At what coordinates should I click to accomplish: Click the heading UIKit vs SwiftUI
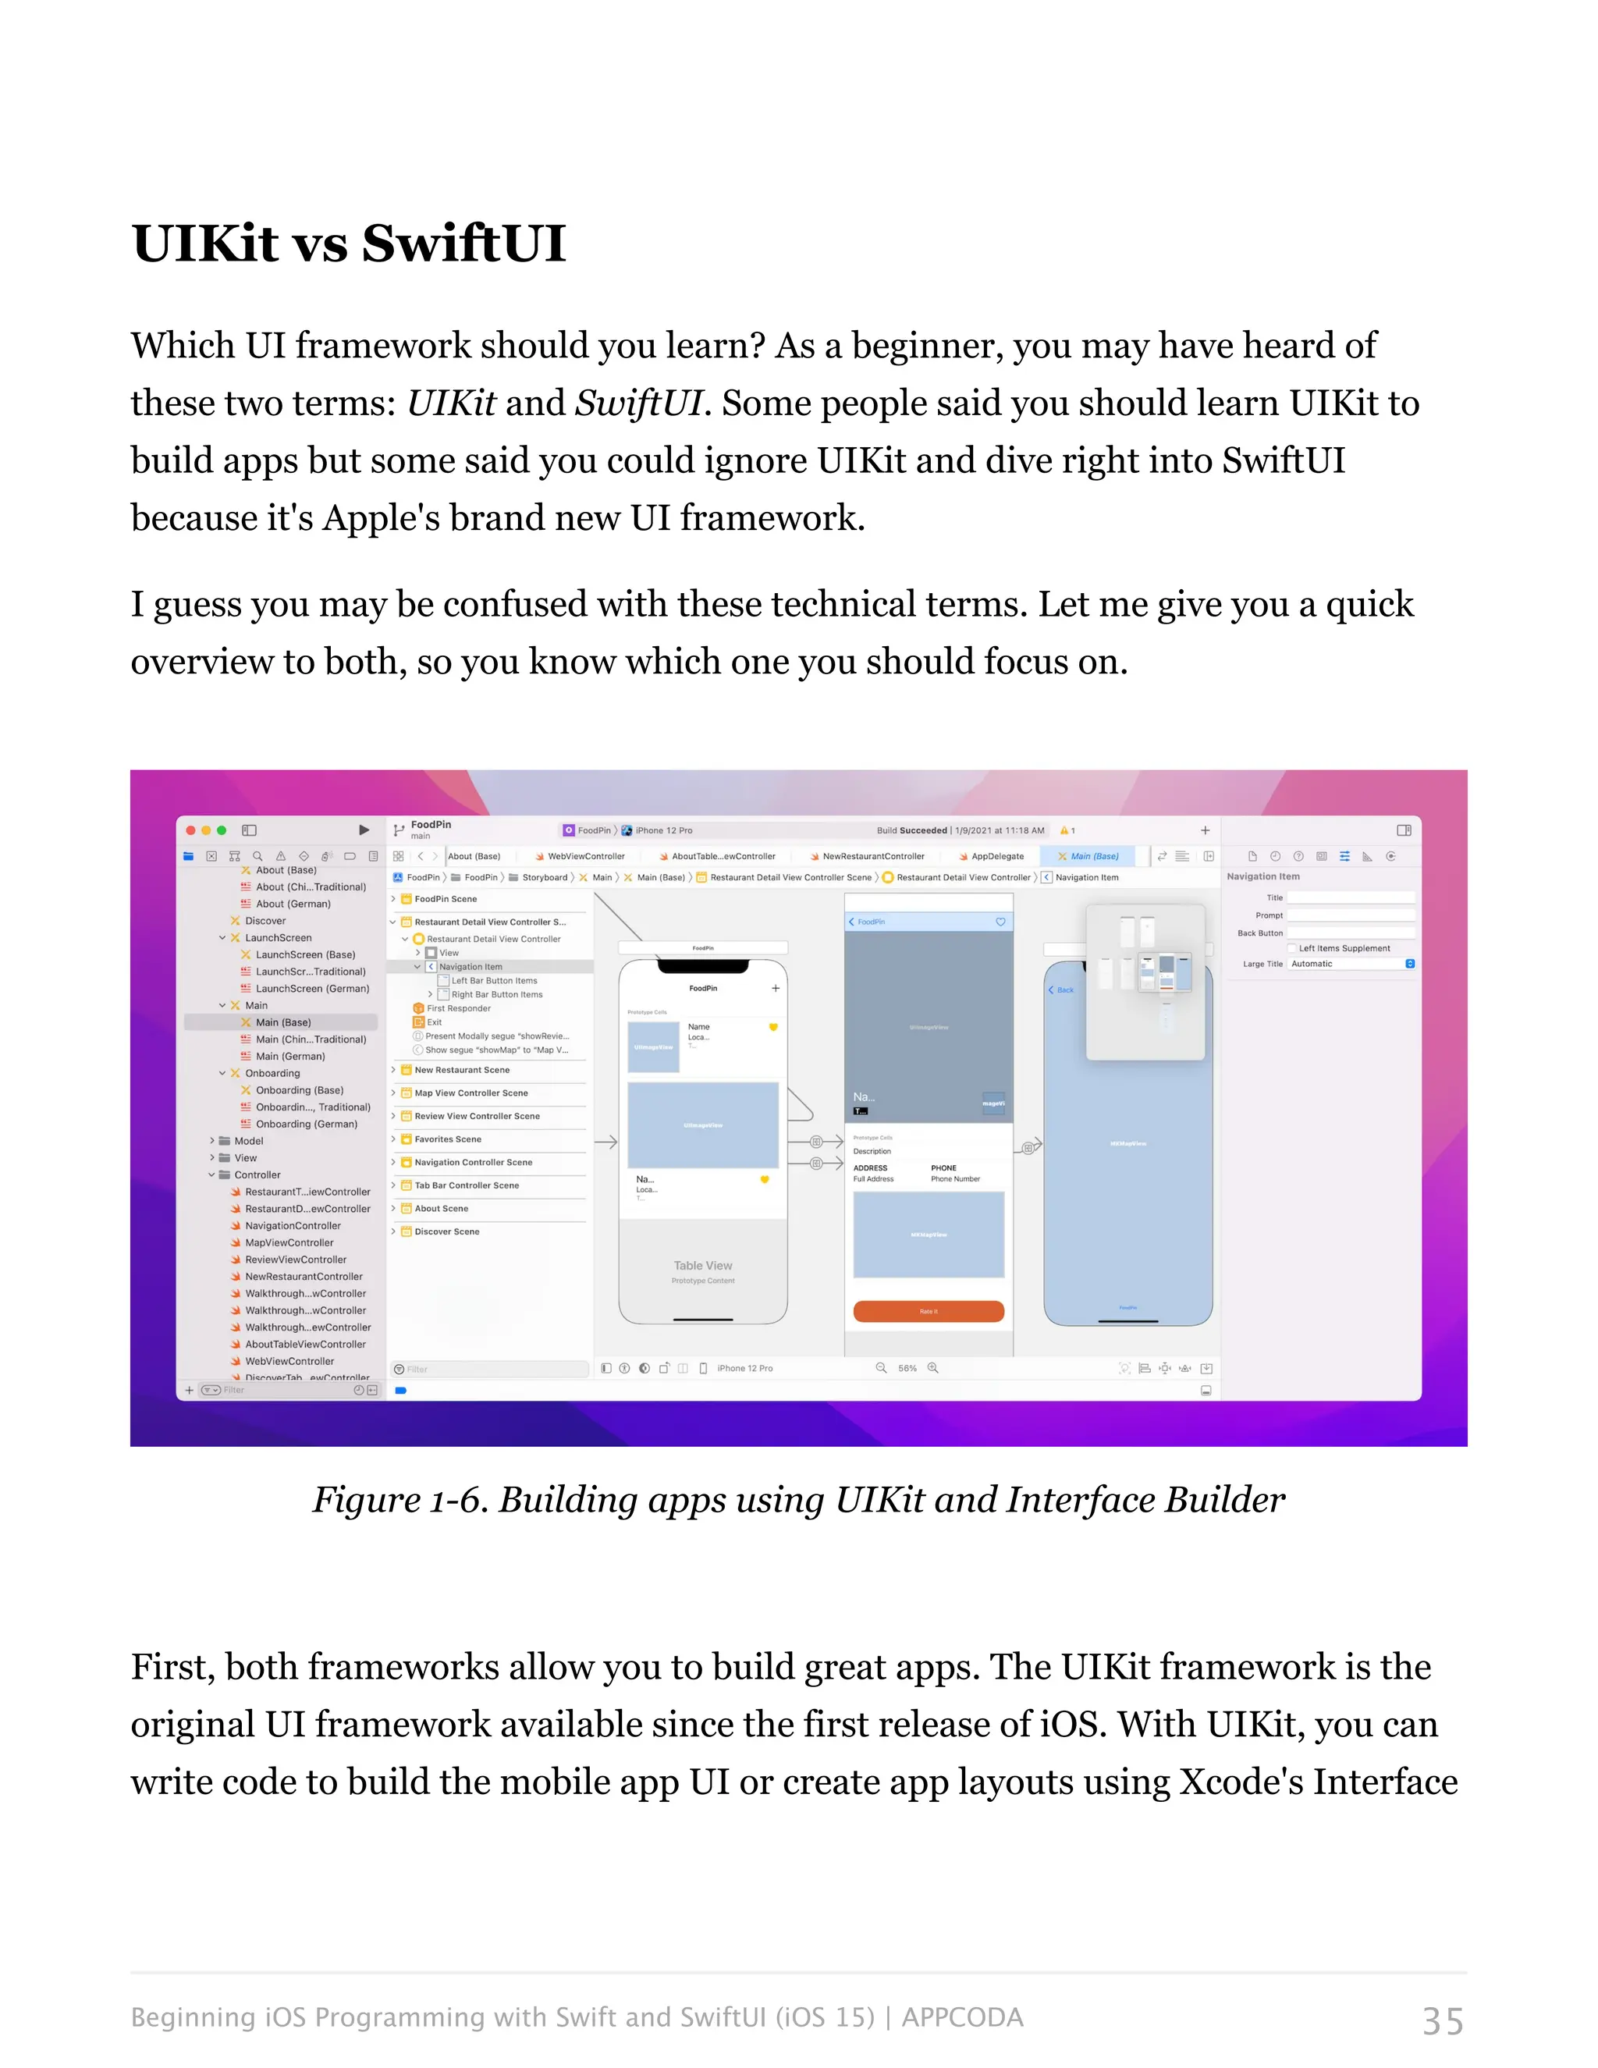tap(348, 243)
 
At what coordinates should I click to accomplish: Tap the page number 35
tap(1442, 2020)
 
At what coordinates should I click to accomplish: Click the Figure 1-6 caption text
tap(798, 1500)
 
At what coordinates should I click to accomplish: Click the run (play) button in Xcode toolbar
tap(364, 830)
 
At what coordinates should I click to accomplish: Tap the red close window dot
tap(190, 830)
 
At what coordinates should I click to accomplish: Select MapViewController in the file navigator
tap(289, 1242)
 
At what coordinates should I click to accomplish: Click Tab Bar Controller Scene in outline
tap(466, 1185)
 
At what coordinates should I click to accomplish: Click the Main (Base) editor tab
tap(1093, 856)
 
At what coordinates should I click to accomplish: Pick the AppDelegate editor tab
tap(997, 856)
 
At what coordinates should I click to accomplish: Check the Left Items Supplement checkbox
tap(1291, 948)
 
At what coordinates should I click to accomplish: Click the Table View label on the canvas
tap(702, 1266)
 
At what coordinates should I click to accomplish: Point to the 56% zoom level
tap(907, 1368)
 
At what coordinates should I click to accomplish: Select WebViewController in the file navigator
tap(289, 1362)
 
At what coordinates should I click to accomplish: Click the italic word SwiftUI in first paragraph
tap(638, 403)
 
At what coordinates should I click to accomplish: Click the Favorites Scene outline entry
tap(447, 1139)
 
